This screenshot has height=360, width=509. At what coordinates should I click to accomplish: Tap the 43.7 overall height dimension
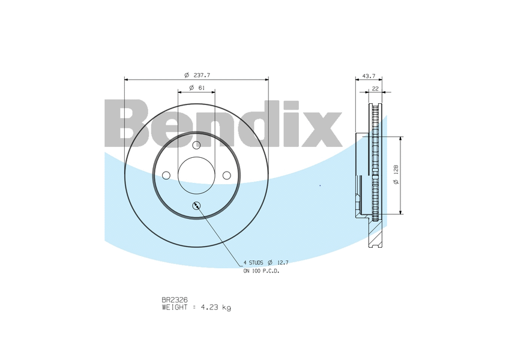click(369, 76)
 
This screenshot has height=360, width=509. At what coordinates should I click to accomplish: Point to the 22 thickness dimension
click(375, 88)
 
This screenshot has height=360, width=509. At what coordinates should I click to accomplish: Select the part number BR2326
click(175, 299)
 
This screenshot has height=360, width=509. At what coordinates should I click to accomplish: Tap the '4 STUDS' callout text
click(253, 263)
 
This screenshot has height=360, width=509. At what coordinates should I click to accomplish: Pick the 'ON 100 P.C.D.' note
click(261, 271)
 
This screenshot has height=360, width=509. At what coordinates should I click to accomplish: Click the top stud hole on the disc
click(197, 145)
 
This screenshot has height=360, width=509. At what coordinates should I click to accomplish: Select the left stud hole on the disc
click(166, 175)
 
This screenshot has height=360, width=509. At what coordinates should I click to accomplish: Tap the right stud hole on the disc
click(227, 175)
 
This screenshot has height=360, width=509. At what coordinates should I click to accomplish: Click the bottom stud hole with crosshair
click(197, 206)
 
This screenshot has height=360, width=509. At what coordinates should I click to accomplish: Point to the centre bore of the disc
click(197, 175)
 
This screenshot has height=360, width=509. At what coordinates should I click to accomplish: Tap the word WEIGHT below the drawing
click(175, 307)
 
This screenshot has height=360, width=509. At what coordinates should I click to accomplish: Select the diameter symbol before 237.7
click(187, 75)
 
